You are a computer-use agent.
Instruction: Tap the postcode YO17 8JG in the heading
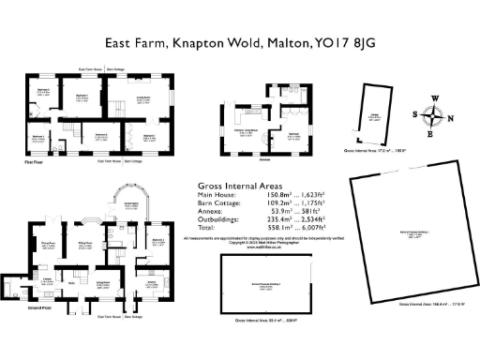pos(340,43)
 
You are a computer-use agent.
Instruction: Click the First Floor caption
pos(35,161)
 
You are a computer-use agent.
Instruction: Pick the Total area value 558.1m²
pos(271,228)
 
